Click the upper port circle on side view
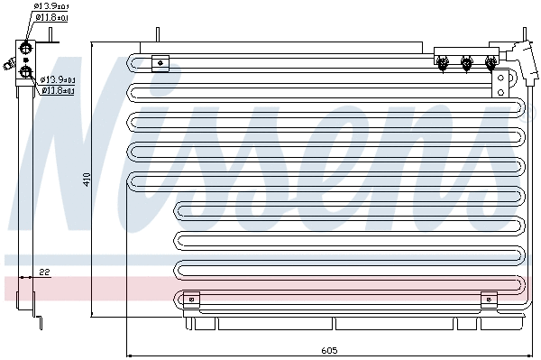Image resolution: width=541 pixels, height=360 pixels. pyautogui.click(x=26, y=49)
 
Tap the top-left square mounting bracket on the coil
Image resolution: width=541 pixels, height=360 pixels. pyautogui.click(x=160, y=62)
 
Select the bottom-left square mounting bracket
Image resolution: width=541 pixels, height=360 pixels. pyautogui.click(x=190, y=299)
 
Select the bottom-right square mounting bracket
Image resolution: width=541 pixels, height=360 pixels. pyautogui.click(x=489, y=299)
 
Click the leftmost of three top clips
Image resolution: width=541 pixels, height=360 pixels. pyautogui.click(x=443, y=62)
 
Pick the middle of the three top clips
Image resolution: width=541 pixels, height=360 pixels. pyautogui.click(x=466, y=62)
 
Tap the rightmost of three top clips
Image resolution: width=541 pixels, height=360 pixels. pyautogui.click(x=491, y=62)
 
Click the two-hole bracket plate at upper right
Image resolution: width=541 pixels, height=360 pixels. pyautogui.click(x=500, y=84)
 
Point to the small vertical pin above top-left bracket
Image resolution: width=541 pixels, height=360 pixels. pyautogui.click(x=158, y=35)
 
